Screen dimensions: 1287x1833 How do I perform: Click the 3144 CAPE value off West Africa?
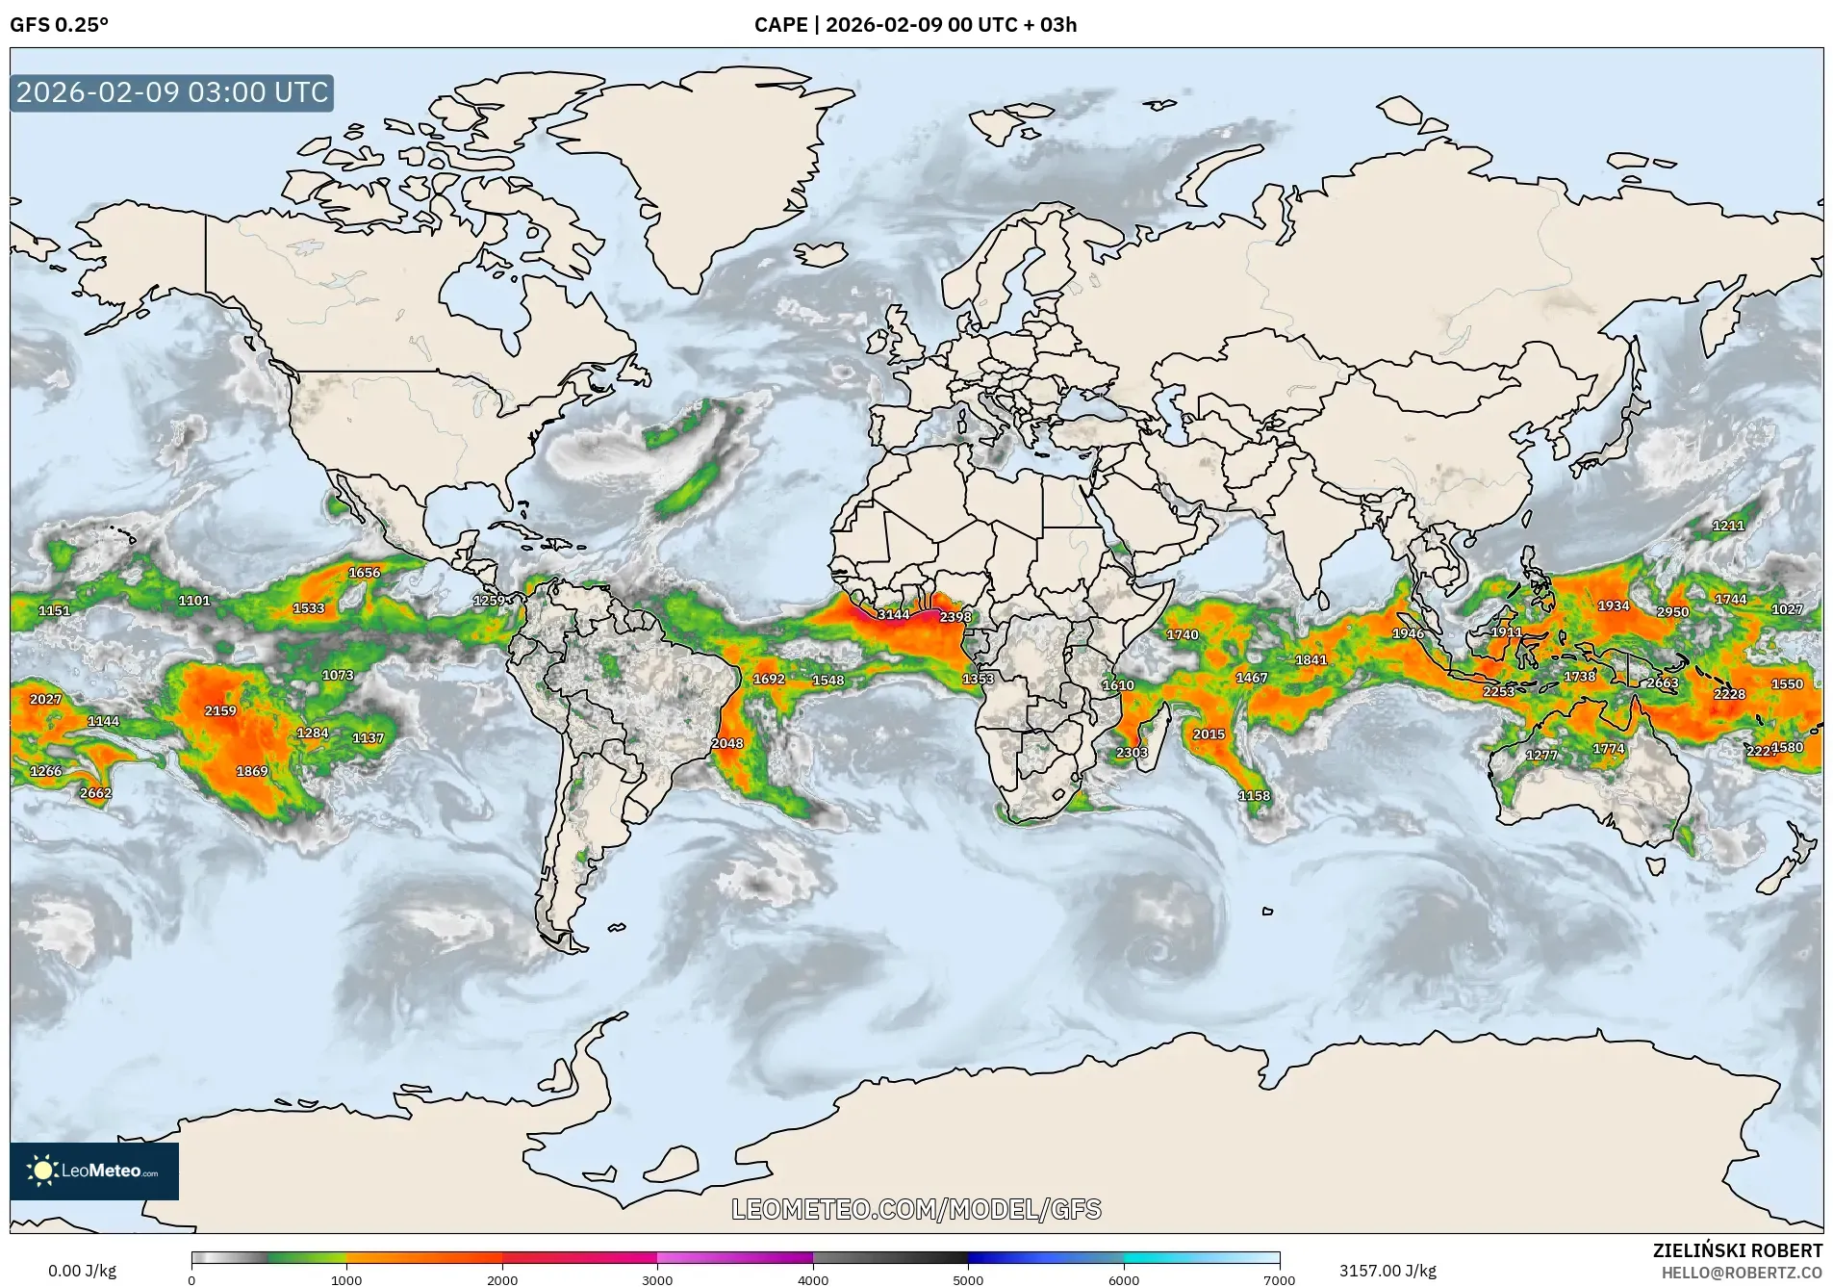tap(893, 614)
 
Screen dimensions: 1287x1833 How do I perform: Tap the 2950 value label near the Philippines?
tap(1672, 611)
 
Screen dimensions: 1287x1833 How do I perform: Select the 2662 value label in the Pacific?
tap(95, 793)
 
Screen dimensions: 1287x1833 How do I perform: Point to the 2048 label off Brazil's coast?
tap(727, 743)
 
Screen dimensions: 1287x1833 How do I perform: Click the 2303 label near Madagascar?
tap(1132, 753)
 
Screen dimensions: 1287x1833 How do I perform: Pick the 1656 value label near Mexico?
tap(364, 572)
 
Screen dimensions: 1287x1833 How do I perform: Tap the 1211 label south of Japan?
tap(1728, 526)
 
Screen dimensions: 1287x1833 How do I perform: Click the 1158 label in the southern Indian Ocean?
tap(1254, 795)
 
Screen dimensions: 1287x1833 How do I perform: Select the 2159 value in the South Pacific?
tap(220, 710)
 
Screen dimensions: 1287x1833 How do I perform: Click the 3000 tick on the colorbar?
tap(657, 1279)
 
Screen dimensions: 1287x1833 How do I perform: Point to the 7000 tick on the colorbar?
tap(1279, 1279)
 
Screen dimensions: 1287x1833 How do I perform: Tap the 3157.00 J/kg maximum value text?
tap(1387, 1271)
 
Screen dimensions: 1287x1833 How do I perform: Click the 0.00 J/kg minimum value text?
tap(82, 1271)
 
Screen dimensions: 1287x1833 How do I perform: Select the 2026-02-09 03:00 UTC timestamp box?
tap(172, 92)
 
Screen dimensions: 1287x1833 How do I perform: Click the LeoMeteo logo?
tap(94, 1171)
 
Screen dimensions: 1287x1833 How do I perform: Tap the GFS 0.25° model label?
tap(60, 25)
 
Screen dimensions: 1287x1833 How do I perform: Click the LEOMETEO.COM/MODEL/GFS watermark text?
tap(916, 1209)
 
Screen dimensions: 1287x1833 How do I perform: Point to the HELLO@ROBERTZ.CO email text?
tap(1742, 1273)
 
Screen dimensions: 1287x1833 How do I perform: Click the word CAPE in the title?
tap(780, 25)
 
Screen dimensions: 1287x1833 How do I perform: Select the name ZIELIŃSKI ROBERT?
tap(1737, 1250)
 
